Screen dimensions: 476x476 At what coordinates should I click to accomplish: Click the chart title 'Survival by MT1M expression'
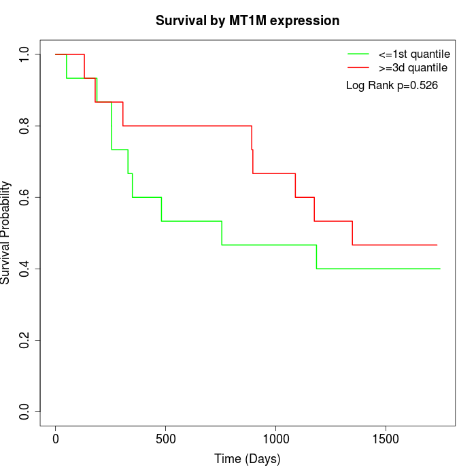tap(247, 20)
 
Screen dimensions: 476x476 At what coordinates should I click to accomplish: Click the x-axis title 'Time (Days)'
tap(247, 459)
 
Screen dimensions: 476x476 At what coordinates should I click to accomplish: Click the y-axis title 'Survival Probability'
tap(6, 233)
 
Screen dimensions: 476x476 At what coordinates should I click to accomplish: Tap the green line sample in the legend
tap(358, 54)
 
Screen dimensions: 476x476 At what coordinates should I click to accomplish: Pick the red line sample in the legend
tap(358, 67)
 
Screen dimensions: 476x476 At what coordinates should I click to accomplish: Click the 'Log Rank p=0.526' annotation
tap(392, 86)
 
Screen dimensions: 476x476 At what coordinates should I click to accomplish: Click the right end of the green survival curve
tap(440, 269)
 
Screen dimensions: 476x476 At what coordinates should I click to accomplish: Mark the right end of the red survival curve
tap(437, 245)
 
